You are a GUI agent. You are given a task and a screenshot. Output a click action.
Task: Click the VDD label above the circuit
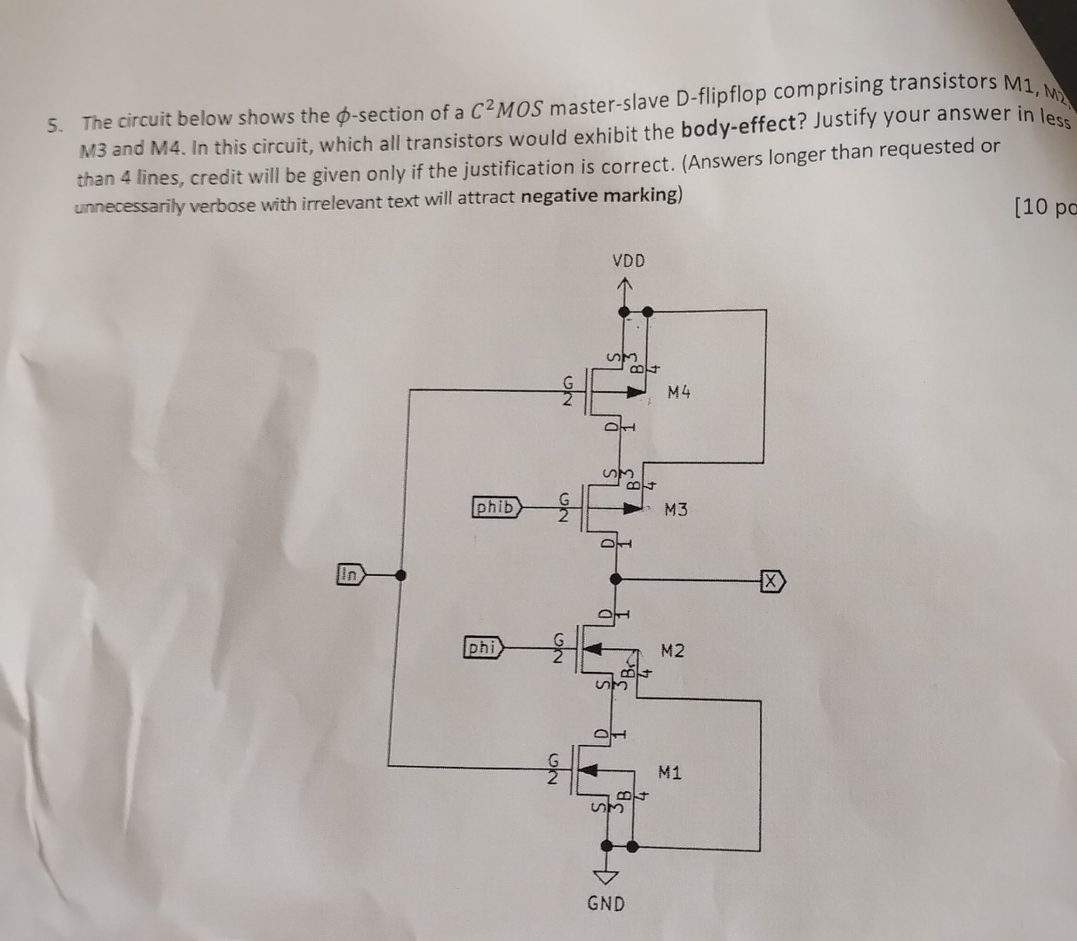click(629, 261)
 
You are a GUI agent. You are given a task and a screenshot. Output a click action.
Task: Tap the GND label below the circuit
click(606, 904)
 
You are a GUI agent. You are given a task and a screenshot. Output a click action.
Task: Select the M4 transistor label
click(679, 392)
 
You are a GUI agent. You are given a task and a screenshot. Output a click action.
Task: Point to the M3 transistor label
click(676, 509)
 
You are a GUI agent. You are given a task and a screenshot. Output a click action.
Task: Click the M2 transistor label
click(672, 650)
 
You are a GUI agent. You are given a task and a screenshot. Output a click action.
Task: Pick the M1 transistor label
click(670, 771)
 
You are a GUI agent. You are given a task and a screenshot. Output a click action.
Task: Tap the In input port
click(351, 574)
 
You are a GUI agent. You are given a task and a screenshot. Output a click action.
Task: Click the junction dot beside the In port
click(400, 575)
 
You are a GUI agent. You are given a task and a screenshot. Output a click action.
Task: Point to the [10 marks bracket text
click(1045, 207)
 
